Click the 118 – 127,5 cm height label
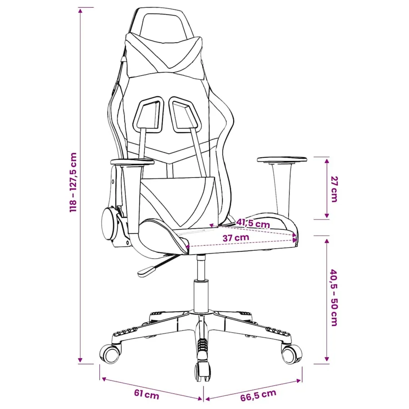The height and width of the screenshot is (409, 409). click(74, 182)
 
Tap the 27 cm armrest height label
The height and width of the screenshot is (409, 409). click(334, 189)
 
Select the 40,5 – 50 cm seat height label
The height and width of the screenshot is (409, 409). click(334, 298)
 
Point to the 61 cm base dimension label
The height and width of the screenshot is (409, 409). click(146, 394)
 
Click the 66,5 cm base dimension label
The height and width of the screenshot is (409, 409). click(258, 395)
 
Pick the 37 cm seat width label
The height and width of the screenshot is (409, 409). click(236, 238)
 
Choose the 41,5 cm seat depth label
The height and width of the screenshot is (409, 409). click(253, 224)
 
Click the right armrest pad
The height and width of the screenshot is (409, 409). click(282, 160)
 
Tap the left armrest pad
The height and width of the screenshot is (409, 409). click(132, 162)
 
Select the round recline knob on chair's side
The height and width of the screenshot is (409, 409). click(109, 224)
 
